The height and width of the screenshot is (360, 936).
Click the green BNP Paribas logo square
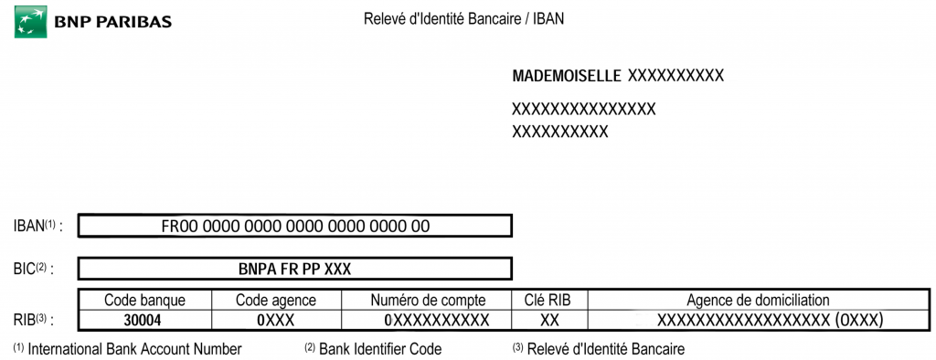[30, 21]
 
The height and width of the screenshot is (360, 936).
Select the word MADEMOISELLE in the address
[567, 75]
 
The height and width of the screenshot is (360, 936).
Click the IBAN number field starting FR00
[295, 226]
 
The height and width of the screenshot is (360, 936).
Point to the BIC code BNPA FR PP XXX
[295, 269]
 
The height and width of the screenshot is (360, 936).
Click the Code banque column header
[145, 300]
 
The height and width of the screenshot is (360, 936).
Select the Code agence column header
[276, 300]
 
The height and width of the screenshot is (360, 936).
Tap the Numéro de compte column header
[428, 300]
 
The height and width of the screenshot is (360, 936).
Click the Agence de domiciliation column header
[758, 300]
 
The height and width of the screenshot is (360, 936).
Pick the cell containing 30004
[145, 320]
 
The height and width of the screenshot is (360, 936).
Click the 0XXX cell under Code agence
[276, 320]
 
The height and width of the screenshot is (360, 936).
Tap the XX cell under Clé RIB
[550, 320]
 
